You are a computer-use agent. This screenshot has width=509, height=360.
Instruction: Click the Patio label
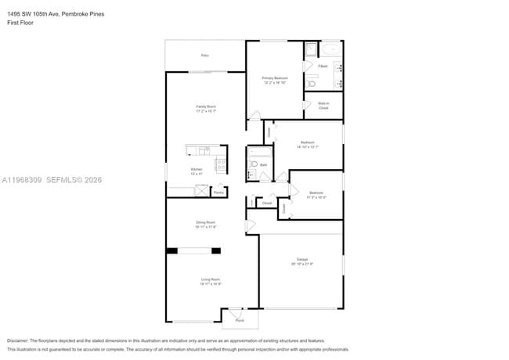point(205,56)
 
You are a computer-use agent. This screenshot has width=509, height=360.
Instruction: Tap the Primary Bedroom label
point(275,79)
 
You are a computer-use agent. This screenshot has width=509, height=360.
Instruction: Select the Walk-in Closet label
point(323,105)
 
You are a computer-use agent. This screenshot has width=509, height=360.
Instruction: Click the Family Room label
point(205,108)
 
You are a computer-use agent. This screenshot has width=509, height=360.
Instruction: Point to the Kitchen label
point(197,171)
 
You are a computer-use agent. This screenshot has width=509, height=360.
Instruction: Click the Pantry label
point(218,191)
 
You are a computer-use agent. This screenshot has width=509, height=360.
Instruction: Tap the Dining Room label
point(205,224)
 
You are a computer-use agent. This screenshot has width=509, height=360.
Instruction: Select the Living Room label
point(210,281)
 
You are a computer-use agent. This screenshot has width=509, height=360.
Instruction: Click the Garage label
point(301,261)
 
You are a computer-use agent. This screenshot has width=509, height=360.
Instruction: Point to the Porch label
point(240,320)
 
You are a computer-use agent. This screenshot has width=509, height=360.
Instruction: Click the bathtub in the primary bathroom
point(332,49)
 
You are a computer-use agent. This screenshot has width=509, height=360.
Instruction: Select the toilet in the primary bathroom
point(311,83)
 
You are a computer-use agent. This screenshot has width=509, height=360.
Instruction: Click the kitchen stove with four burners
point(221,165)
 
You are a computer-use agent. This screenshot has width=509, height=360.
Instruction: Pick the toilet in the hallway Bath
point(254,164)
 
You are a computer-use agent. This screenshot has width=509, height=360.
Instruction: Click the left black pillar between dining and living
point(171,250)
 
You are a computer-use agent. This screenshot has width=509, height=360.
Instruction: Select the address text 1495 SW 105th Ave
point(32,14)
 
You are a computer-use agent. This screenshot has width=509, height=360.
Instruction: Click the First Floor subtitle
point(20,23)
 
